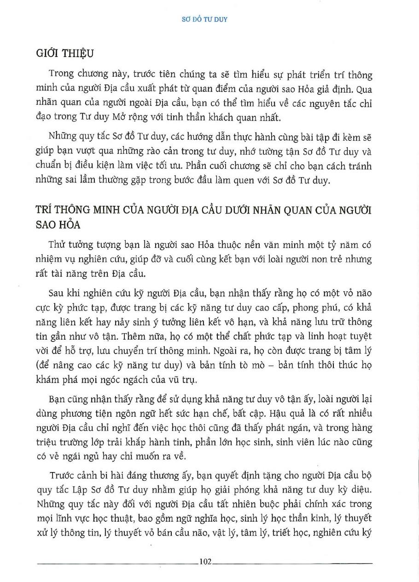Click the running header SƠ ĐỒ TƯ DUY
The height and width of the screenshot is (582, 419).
point(209,20)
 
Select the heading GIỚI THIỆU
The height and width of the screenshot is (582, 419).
point(64,53)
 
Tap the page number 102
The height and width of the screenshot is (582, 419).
point(205,561)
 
